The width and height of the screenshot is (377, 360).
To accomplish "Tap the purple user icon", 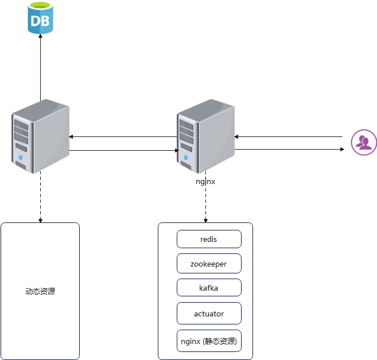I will coord(364,142).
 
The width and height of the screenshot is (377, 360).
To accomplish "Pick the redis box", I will coord(209,239).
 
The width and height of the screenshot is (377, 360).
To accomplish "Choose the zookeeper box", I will coord(209,264).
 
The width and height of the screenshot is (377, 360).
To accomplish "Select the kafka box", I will coord(209,288).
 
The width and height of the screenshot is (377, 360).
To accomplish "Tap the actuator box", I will coord(209,314).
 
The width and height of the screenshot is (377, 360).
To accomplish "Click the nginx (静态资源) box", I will coord(209,341).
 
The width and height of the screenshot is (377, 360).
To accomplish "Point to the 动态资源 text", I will coord(40,291).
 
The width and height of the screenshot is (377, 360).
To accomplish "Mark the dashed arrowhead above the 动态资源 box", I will coord(40,220).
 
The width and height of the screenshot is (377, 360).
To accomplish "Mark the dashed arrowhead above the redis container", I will coord(205,220).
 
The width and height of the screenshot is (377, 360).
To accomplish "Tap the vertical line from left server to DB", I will coord(41,69).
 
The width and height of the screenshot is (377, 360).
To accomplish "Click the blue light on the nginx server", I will coord(186,157).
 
